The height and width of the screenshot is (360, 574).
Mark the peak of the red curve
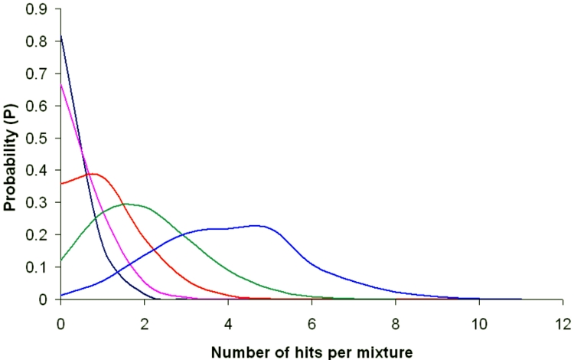(x=92, y=174)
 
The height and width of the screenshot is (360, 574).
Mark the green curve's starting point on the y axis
(x=61, y=260)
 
